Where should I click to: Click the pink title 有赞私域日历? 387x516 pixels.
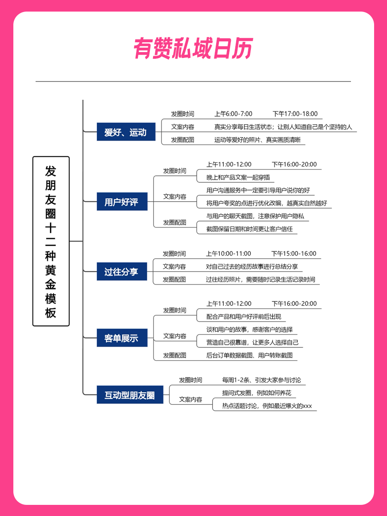click(193, 48)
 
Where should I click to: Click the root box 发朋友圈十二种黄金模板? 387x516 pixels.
click(51, 241)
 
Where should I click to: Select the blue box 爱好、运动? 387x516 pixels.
click(126, 132)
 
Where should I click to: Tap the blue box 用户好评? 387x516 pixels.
click(122, 201)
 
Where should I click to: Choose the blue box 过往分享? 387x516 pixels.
click(121, 272)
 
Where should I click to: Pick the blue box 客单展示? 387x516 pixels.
click(122, 337)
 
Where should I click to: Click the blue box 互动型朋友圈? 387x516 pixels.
click(130, 394)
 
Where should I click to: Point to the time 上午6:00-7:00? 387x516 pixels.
click(234, 114)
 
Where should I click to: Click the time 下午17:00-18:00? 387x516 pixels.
click(295, 114)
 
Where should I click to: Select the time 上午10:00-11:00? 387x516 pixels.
click(229, 253)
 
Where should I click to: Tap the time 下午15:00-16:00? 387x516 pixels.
click(294, 253)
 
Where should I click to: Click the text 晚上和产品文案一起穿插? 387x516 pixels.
click(238, 177)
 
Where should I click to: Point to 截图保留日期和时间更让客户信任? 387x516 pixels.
click(250, 229)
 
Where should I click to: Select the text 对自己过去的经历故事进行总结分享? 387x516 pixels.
click(252, 266)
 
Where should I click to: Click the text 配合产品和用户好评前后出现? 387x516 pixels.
click(244, 317)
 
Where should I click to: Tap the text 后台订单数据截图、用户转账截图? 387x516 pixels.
click(250, 355)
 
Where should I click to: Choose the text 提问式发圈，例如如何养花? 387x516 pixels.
click(257, 393)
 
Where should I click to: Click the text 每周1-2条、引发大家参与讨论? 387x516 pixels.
click(262, 380)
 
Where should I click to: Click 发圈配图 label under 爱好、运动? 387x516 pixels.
click(182, 140)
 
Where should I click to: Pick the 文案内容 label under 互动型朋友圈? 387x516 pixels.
click(190, 399)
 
